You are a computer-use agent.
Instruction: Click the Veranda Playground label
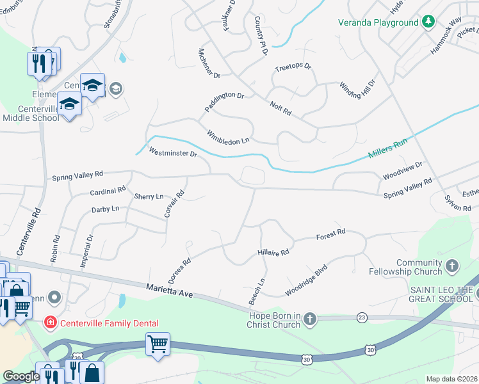click(x=378, y=23)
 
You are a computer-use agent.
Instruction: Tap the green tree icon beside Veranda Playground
click(x=427, y=23)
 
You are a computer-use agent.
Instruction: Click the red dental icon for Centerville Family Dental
click(x=50, y=323)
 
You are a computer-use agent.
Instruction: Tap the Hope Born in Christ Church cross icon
click(x=310, y=319)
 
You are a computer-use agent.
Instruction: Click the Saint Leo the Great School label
click(x=441, y=294)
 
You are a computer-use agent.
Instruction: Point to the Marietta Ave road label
click(x=169, y=292)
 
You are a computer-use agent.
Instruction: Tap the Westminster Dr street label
click(x=172, y=153)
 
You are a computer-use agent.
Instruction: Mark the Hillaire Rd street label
click(x=273, y=252)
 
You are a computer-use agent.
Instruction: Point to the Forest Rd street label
click(x=330, y=235)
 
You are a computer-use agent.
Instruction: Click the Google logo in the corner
click(x=20, y=376)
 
